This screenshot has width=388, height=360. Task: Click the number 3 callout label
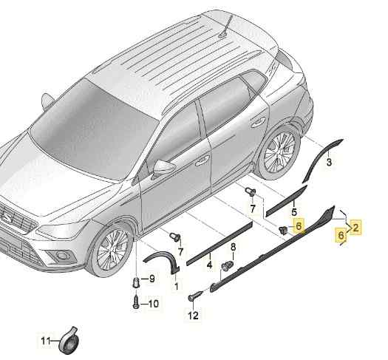pyautogui.click(x=330, y=160)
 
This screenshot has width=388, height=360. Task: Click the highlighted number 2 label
pyautogui.click(x=356, y=228)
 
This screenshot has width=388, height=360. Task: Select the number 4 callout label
pyautogui.click(x=209, y=264)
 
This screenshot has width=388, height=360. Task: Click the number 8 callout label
pyautogui.click(x=233, y=246)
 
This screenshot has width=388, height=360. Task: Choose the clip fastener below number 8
pyautogui.click(x=228, y=265)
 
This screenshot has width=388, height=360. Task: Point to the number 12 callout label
pyautogui.click(x=193, y=316)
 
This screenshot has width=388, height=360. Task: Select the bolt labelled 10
pyautogui.click(x=137, y=302)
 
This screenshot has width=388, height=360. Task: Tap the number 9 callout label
pyautogui.click(x=152, y=279)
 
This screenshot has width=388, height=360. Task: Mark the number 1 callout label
pyautogui.click(x=176, y=285)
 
